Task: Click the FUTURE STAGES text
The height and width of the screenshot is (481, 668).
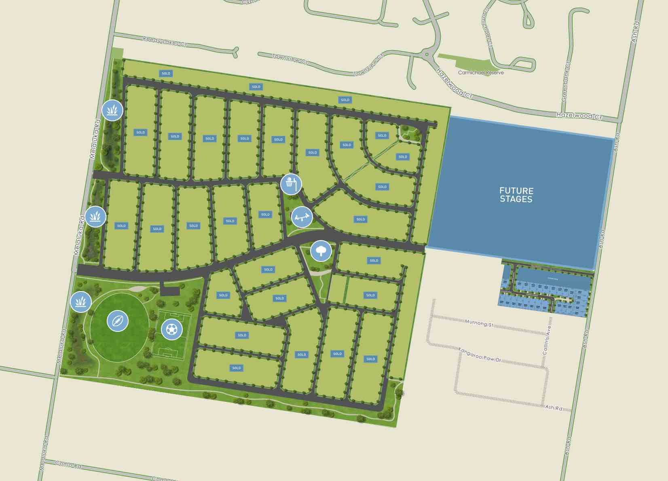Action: [516, 195]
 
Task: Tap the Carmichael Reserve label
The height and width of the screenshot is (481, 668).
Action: [481, 73]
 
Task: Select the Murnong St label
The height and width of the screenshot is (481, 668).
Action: [479, 323]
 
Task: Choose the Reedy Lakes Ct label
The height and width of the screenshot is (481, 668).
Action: [165, 41]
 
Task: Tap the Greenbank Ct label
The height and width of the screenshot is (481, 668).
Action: [566, 81]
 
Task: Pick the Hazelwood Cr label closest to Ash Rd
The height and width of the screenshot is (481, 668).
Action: [579, 116]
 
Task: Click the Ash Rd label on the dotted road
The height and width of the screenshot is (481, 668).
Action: [554, 408]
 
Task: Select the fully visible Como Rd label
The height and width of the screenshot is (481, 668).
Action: [68, 465]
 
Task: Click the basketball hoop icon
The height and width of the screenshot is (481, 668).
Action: [291, 184]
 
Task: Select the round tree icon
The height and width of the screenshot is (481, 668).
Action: [321, 251]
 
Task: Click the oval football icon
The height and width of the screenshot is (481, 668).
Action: [118, 321]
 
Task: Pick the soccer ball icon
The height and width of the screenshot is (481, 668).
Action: [172, 329]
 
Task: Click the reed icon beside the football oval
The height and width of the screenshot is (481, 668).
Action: [81, 302]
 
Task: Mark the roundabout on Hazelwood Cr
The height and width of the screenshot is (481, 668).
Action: [427, 54]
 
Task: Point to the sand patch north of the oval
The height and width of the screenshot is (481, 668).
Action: [137, 289]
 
